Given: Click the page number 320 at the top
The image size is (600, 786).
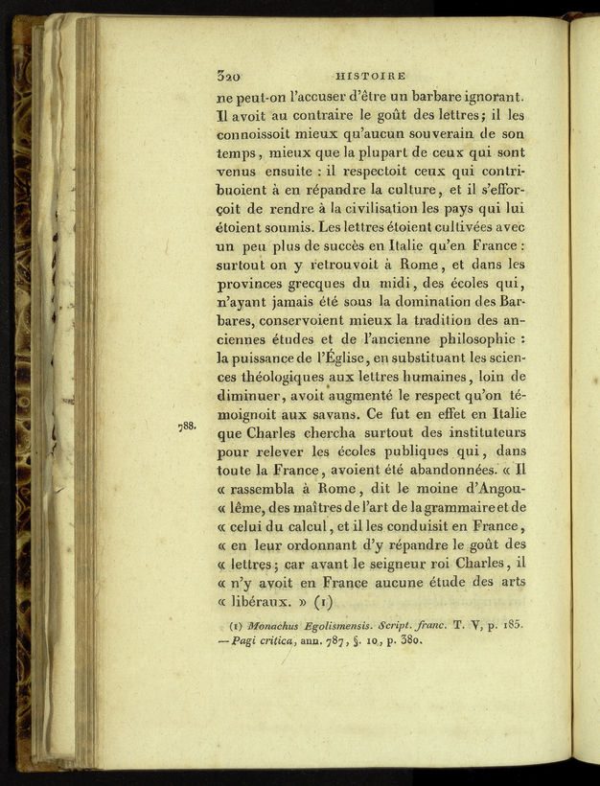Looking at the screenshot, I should [x=228, y=76].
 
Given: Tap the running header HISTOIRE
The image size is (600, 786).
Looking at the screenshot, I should [x=370, y=76].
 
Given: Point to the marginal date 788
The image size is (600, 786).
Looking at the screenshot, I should [x=187, y=426].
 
